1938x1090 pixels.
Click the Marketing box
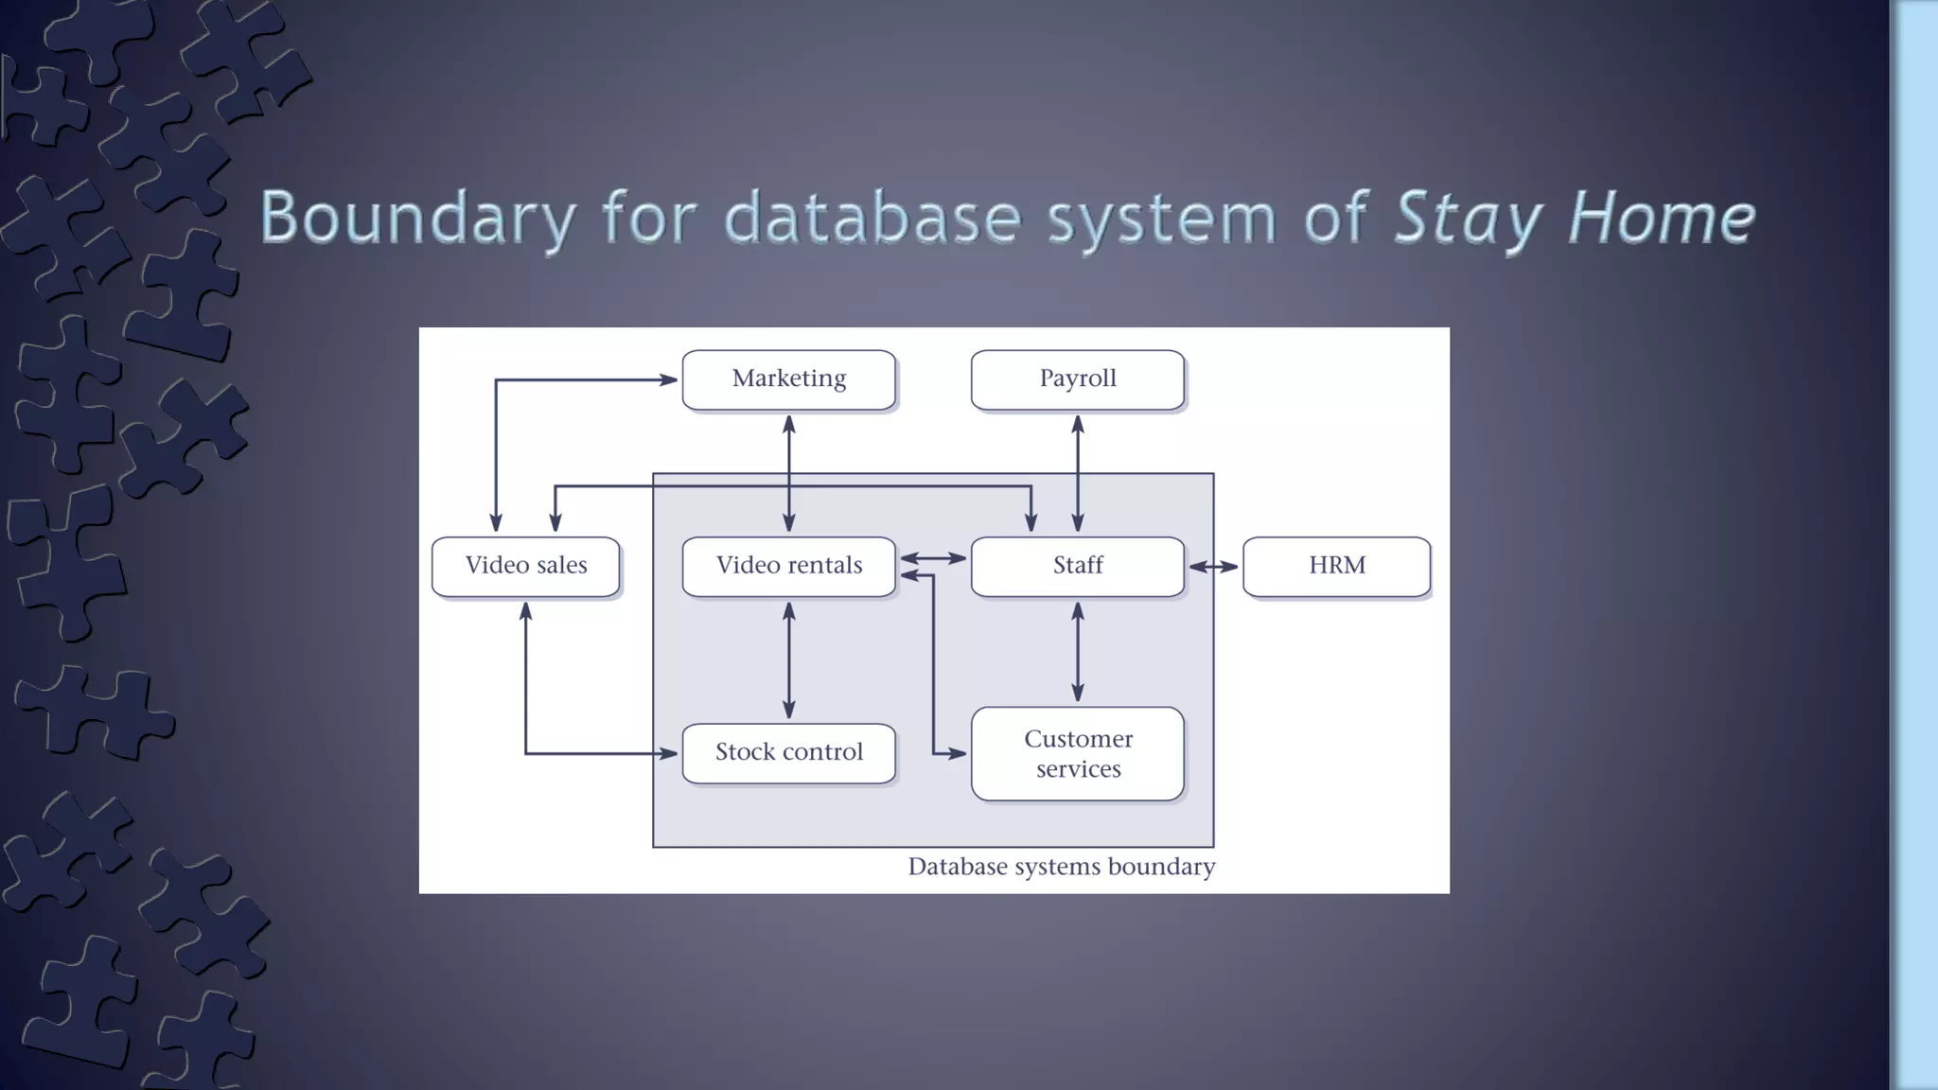click(788, 379)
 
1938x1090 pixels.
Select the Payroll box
click(1077, 379)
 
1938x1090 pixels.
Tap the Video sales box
click(525, 566)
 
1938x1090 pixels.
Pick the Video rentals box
click(788, 566)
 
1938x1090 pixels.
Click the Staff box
click(1077, 566)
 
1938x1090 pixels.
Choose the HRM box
click(1336, 566)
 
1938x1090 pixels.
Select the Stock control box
click(788, 752)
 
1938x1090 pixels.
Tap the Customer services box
click(1077, 753)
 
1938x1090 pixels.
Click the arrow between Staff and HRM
click(1213, 567)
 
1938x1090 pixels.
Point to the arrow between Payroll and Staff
click(1077, 473)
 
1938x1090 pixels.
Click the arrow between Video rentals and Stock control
click(789, 660)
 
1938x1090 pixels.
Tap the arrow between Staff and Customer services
click(1077, 652)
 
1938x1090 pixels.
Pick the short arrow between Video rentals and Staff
click(933, 558)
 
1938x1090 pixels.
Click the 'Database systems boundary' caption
click(1061, 867)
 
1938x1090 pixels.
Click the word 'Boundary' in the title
click(417, 218)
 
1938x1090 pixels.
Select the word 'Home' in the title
click(1661, 218)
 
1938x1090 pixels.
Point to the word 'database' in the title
click(872, 218)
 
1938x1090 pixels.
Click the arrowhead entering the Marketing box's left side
click(668, 379)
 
